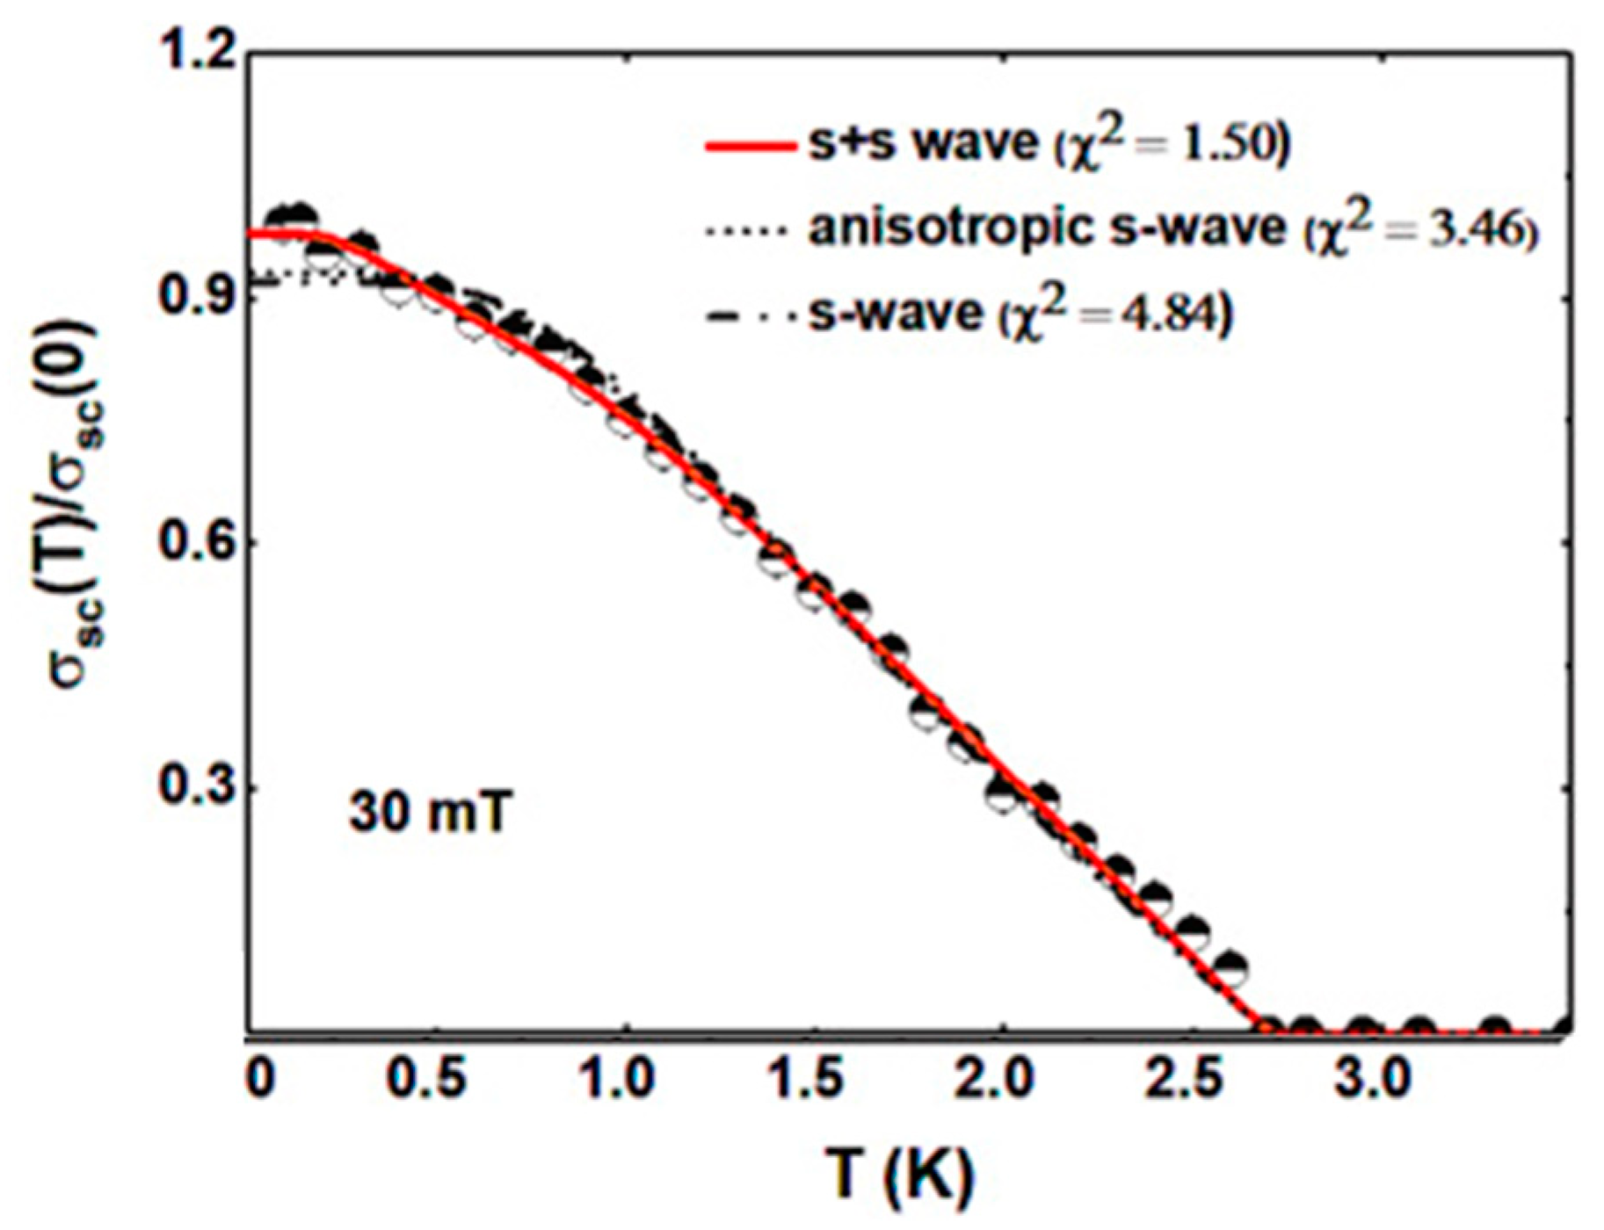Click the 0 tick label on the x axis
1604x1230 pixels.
coord(258,1079)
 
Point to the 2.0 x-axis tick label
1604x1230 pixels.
coord(1001,1079)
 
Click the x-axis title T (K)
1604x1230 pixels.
coord(901,1174)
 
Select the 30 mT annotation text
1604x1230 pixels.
coord(429,812)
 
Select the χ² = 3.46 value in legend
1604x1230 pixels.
coord(1420,230)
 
